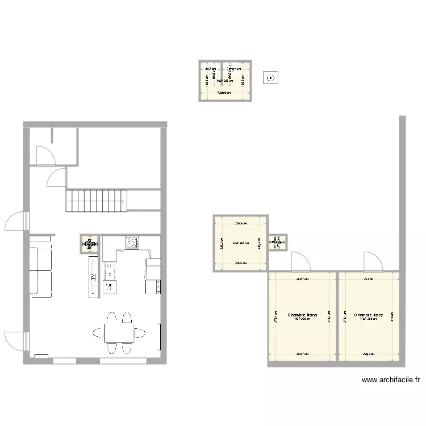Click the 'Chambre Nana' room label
[x=302, y=315]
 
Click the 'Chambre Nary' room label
[x=368, y=315]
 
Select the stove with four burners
[x=132, y=243]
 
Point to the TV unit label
[x=93, y=277]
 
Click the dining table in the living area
[x=119, y=332]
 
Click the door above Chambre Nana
[x=299, y=262]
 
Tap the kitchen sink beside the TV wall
[x=110, y=272]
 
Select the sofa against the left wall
[x=40, y=267]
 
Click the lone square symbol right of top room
[x=271, y=78]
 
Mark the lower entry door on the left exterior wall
[x=16, y=341]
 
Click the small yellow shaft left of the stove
[x=89, y=244]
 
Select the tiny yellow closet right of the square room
[x=277, y=243]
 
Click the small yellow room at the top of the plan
[x=225, y=81]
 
